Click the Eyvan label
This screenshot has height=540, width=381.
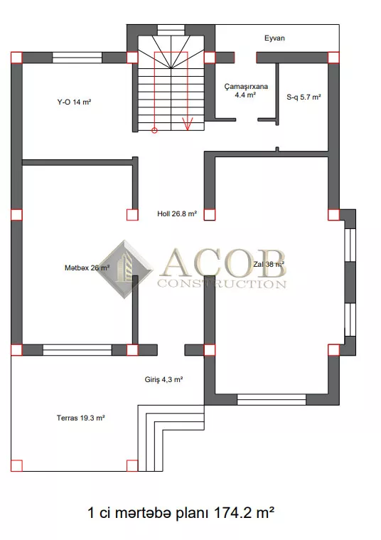(x=274, y=38)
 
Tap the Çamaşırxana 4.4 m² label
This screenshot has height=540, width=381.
(x=246, y=90)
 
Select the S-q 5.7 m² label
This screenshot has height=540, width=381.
(x=304, y=97)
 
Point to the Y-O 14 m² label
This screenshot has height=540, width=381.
(x=74, y=102)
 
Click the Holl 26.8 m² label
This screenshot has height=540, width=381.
(x=177, y=214)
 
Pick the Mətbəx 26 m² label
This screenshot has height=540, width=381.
(x=87, y=268)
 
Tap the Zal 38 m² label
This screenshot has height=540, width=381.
(x=269, y=264)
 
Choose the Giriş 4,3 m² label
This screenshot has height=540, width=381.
(x=163, y=379)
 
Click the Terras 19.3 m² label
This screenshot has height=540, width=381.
(x=80, y=418)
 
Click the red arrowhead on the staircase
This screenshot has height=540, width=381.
(x=188, y=125)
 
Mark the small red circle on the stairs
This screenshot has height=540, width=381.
(x=154, y=130)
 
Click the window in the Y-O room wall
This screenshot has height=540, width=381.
(x=77, y=58)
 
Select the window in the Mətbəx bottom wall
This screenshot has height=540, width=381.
(x=77, y=350)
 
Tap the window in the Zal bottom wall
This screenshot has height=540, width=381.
(x=272, y=400)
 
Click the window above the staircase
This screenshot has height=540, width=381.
(x=171, y=30)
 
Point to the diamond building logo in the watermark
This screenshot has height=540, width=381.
(x=125, y=269)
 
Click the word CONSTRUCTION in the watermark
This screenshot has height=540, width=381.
(x=222, y=284)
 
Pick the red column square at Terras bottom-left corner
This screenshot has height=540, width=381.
(x=16, y=465)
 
